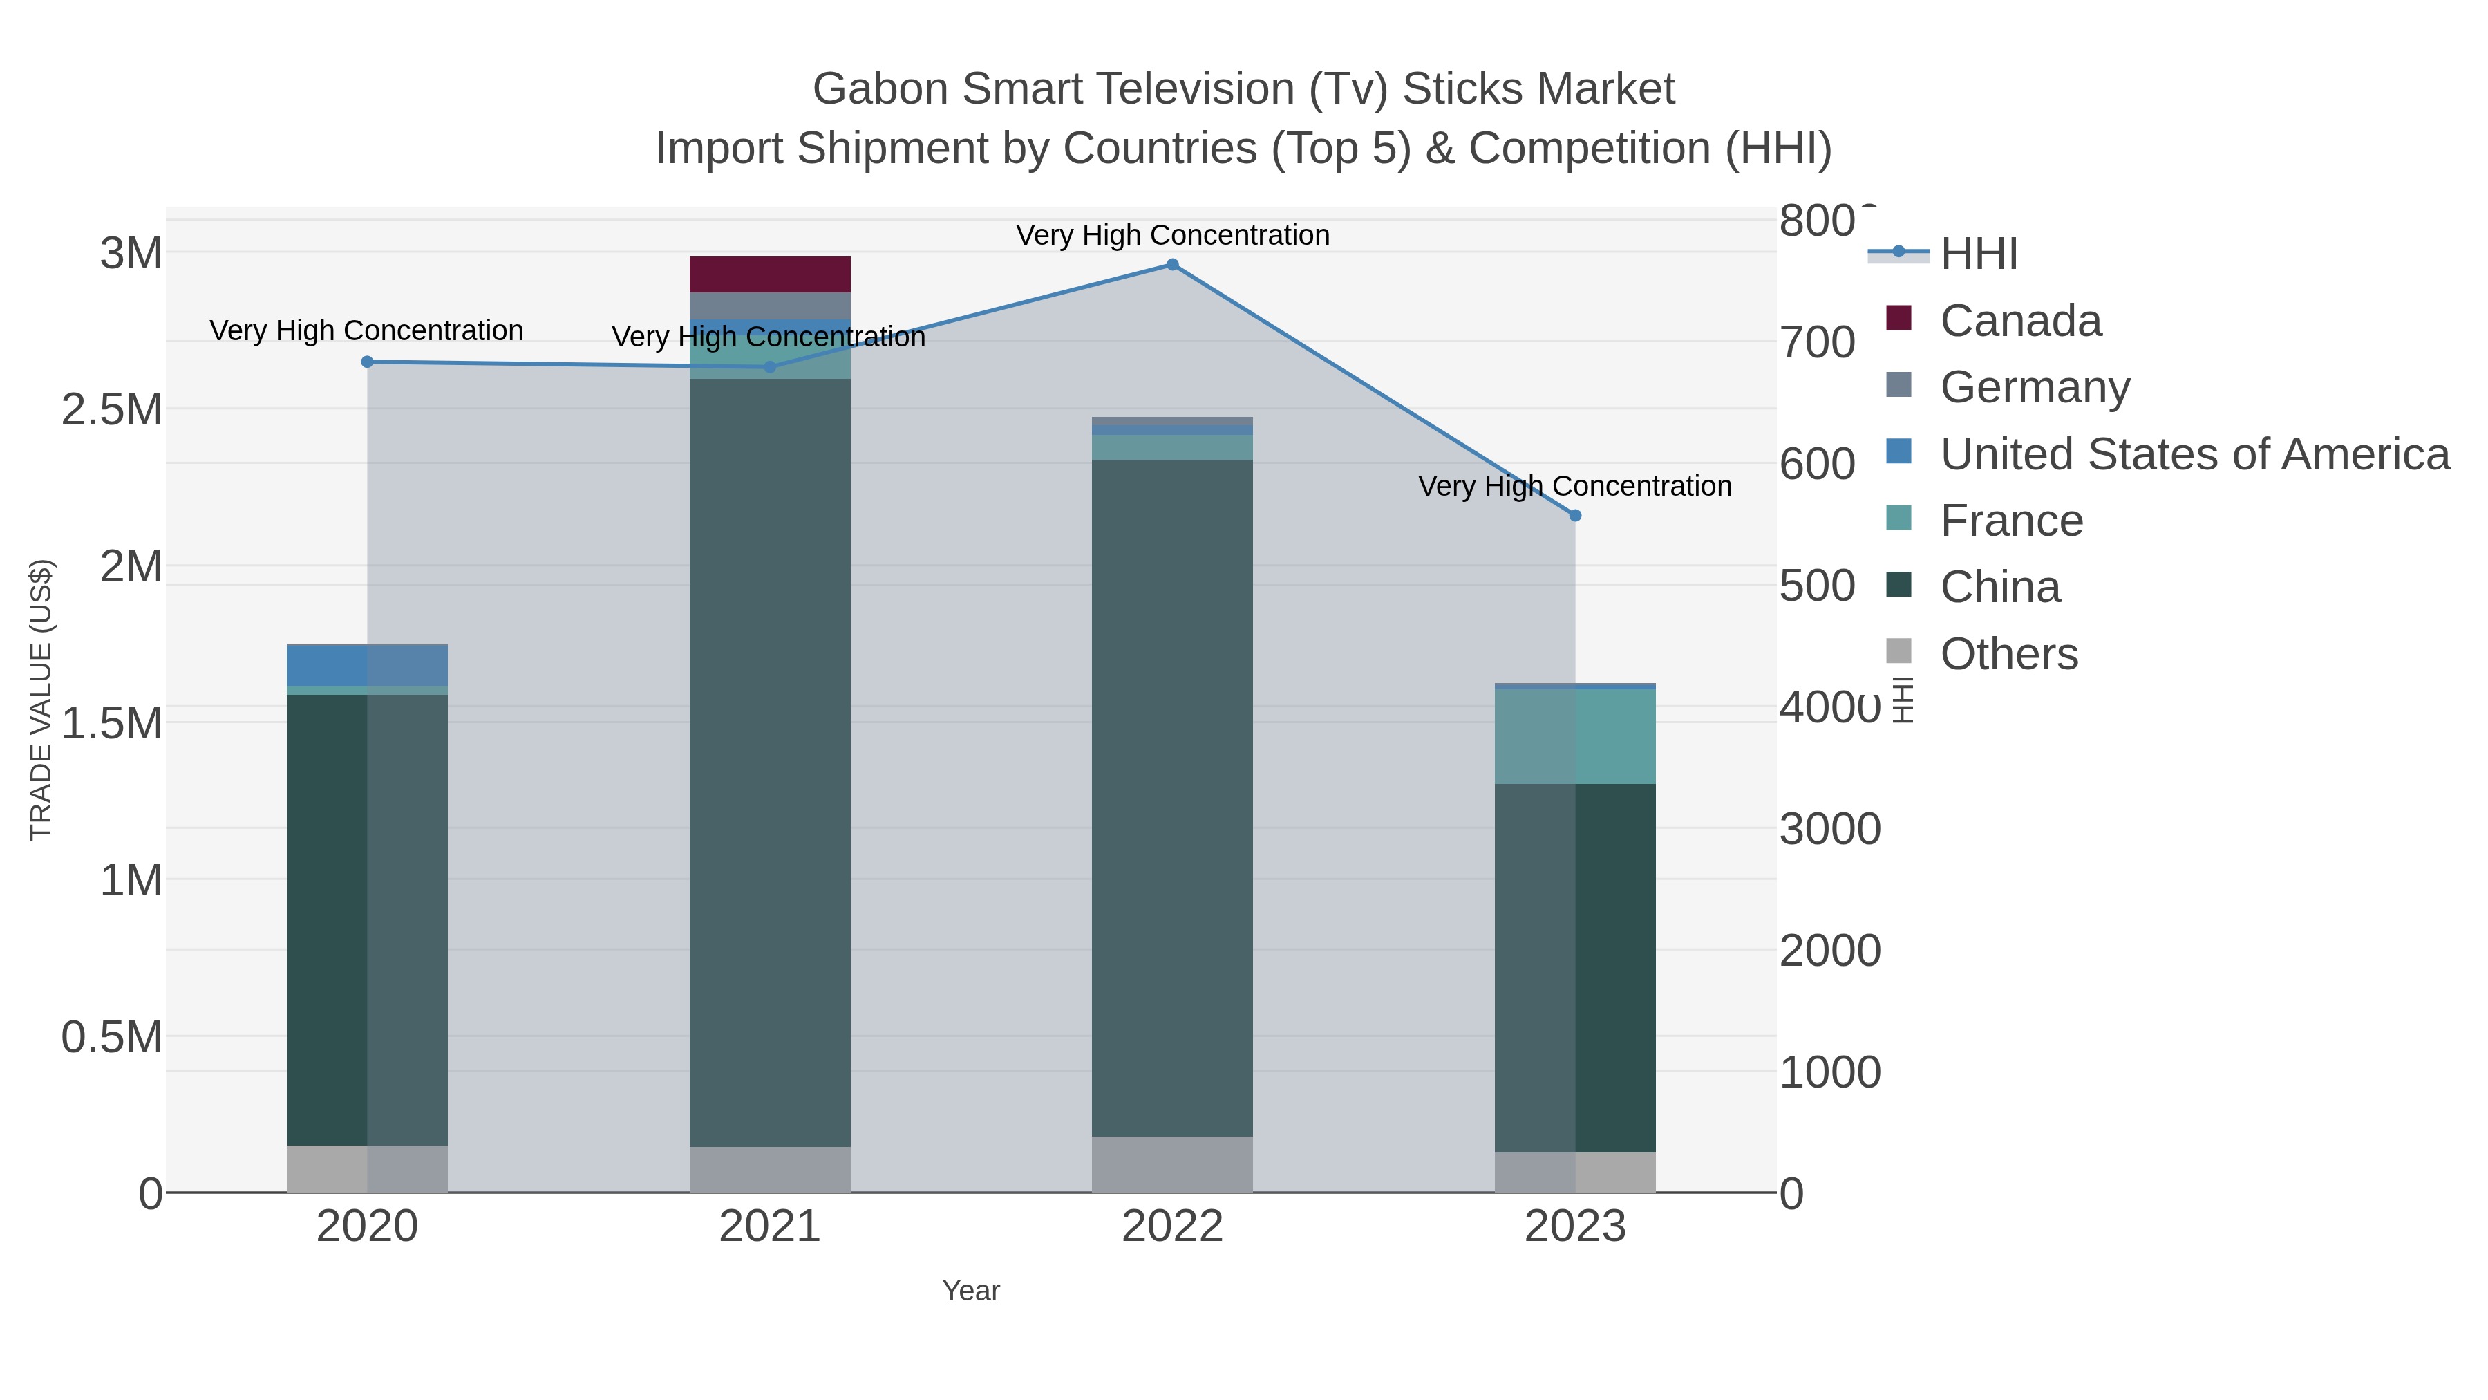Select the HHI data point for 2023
click(x=1574, y=516)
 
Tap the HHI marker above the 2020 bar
click(x=367, y=362)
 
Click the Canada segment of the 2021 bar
click(x=770, y=274)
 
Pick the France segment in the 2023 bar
click(x=1574, y=736)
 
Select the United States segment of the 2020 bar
click(x=367, y=664)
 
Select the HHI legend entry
click(x=1978, y=254)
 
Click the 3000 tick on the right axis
click(x=1829, y=829)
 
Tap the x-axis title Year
click(x=971, y=1291)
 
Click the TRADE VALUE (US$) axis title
click(x=41, y=700)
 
